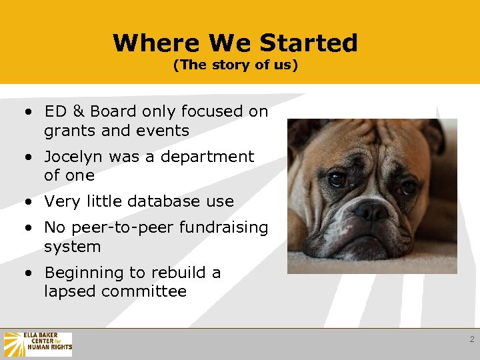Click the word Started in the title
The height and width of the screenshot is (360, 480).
308,43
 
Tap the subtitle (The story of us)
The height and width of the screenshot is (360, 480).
235,65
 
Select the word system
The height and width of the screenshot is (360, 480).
72,247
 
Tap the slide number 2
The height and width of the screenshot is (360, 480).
471,339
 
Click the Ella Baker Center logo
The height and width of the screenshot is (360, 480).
37,345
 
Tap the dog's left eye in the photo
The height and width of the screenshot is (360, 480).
337,179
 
